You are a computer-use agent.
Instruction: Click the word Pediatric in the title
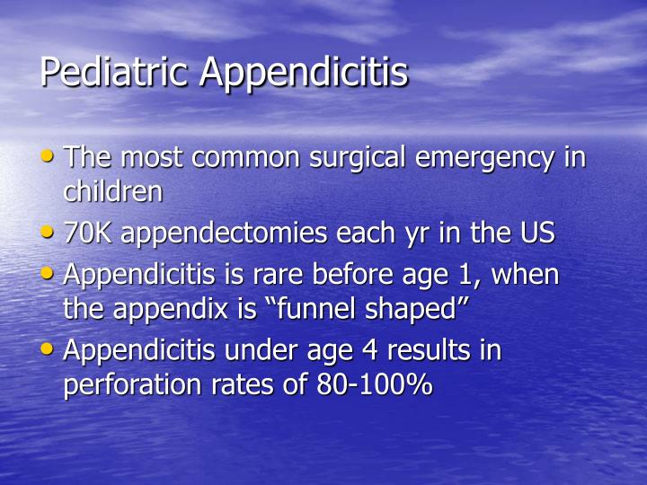[x=117, y=73]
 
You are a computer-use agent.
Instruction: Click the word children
[x=113, y=190]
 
